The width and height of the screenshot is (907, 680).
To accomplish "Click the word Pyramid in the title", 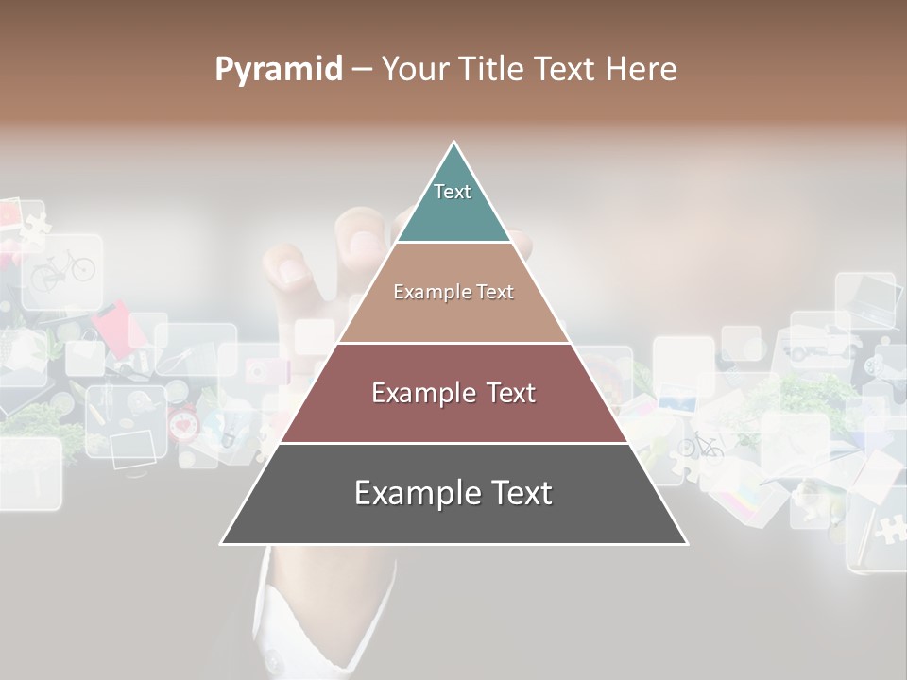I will coord(279,70).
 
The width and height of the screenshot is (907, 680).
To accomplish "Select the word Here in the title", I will coord(641,70).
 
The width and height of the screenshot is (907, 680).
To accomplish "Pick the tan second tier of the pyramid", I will coord(453,293).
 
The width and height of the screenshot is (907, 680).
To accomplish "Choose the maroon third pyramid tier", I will coord(453,393).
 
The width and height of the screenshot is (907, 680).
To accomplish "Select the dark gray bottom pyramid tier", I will coord(453,493).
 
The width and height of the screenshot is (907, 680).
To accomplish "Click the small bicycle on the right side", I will coord(700,445).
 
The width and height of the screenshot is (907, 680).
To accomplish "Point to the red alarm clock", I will coord(183,424).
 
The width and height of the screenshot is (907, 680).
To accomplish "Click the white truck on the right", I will coord(810,346).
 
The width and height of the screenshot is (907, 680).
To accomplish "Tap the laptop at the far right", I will coord(864,300).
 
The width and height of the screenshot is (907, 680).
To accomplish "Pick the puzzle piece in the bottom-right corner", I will coord(888,528).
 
